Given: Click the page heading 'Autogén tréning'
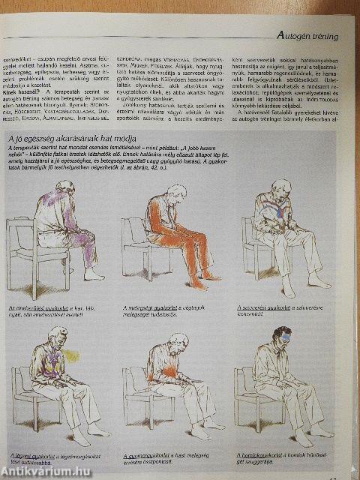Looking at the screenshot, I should [x=307, y=35].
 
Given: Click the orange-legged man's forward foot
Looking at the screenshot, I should [x=214, y=275].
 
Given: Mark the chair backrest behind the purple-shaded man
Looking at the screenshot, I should [x=19, y=225].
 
